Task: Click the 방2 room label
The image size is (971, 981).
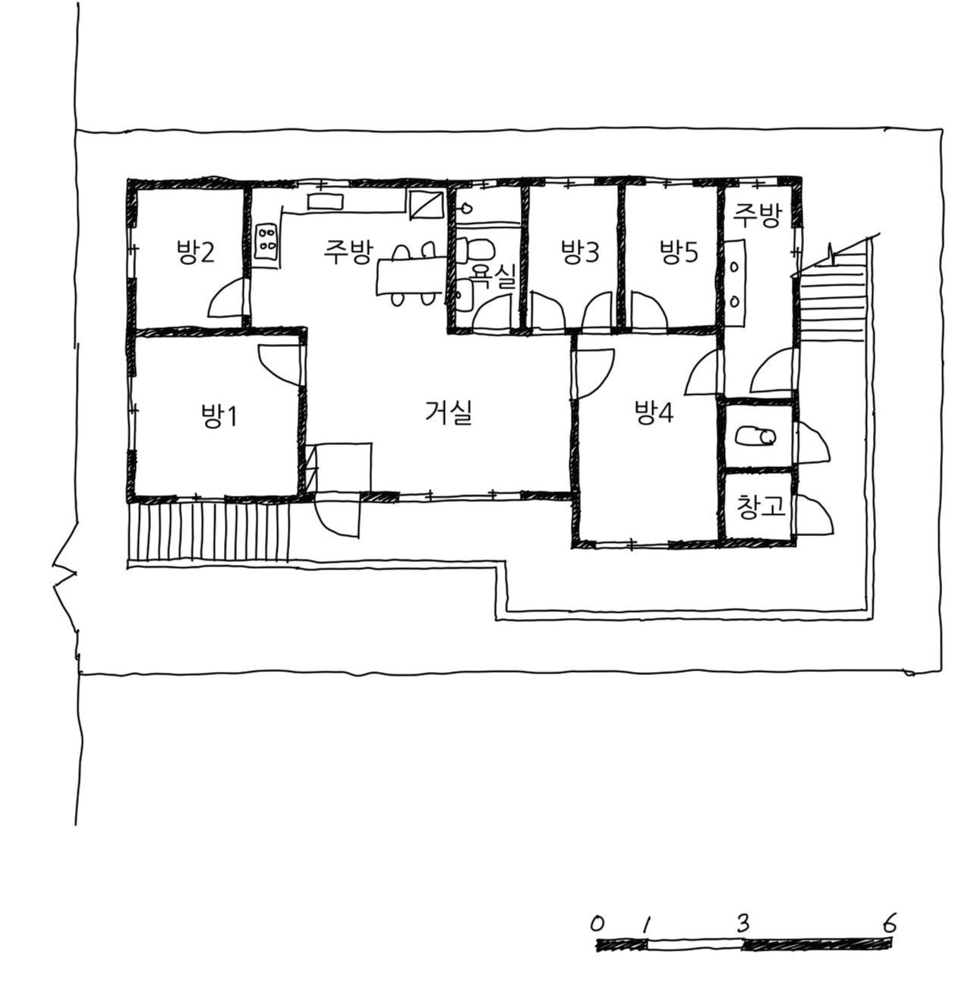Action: (x=195, y=253)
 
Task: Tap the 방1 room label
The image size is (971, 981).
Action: (x=219, y=416)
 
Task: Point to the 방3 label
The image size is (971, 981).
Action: (x=579, y=253)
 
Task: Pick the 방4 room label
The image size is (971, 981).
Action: (x=654, y=413)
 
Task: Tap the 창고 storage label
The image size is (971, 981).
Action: (x=760, y=507)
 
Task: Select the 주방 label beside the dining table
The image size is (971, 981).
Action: (x=348, y=253)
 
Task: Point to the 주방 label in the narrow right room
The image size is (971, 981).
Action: (x=756, y=217)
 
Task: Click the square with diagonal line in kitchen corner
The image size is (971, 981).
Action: (x=426, y=205)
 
